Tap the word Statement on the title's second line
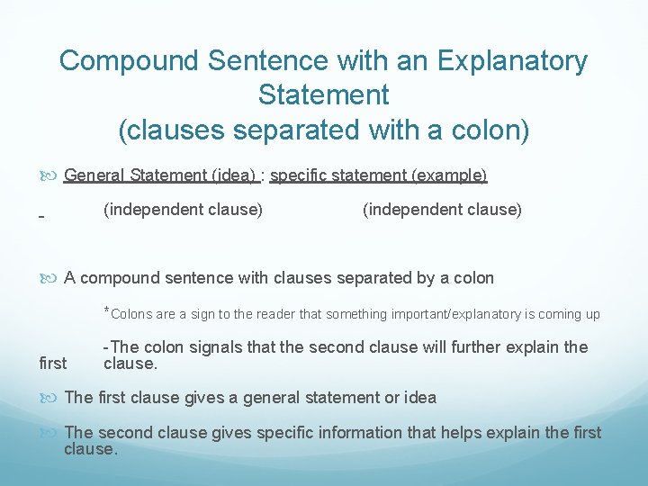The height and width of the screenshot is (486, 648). (x=323, y=94)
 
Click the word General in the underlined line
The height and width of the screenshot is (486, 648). (x=94, y=175)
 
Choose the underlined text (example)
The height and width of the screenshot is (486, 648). (x=449, y=175)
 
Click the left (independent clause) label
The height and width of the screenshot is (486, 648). (x=184, y=210)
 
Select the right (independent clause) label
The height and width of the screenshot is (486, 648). (x=442, y=210)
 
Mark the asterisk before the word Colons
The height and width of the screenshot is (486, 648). (x=107, y=311)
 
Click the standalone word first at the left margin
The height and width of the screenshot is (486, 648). (x=53, y=364)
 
